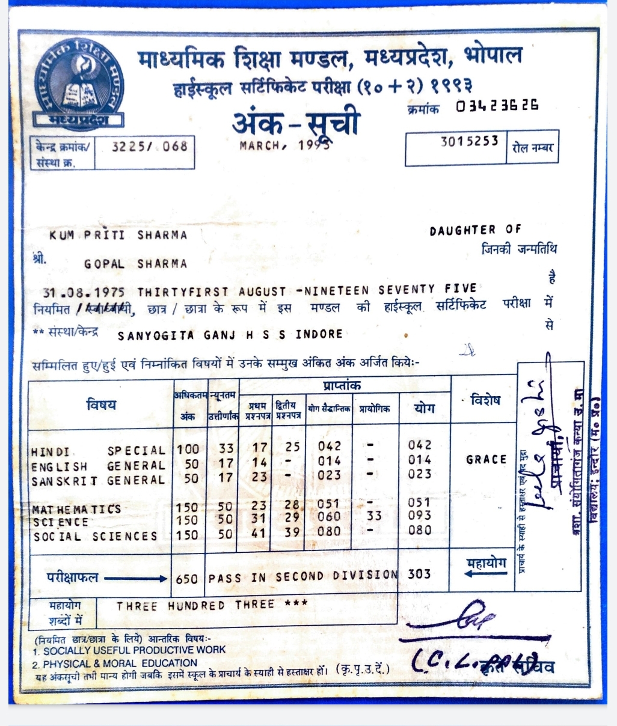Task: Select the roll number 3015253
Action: click(469, 141)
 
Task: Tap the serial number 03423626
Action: click(497, 106)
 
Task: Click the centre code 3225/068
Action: click(150, 146)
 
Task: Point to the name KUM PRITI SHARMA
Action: click(118, 235)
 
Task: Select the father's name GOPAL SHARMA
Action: click(135, 264)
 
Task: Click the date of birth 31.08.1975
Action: click(84, 292)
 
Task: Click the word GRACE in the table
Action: click(486, 460)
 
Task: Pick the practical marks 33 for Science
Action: click(373, 516)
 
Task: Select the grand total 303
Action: click(419, 574)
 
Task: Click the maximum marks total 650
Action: click(186, 578)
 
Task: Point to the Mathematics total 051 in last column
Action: click(419, 502)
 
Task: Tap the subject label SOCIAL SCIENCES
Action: click(95, 536)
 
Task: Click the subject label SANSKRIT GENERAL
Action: click(98, 481)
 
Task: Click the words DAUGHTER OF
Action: click(475, 230)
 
